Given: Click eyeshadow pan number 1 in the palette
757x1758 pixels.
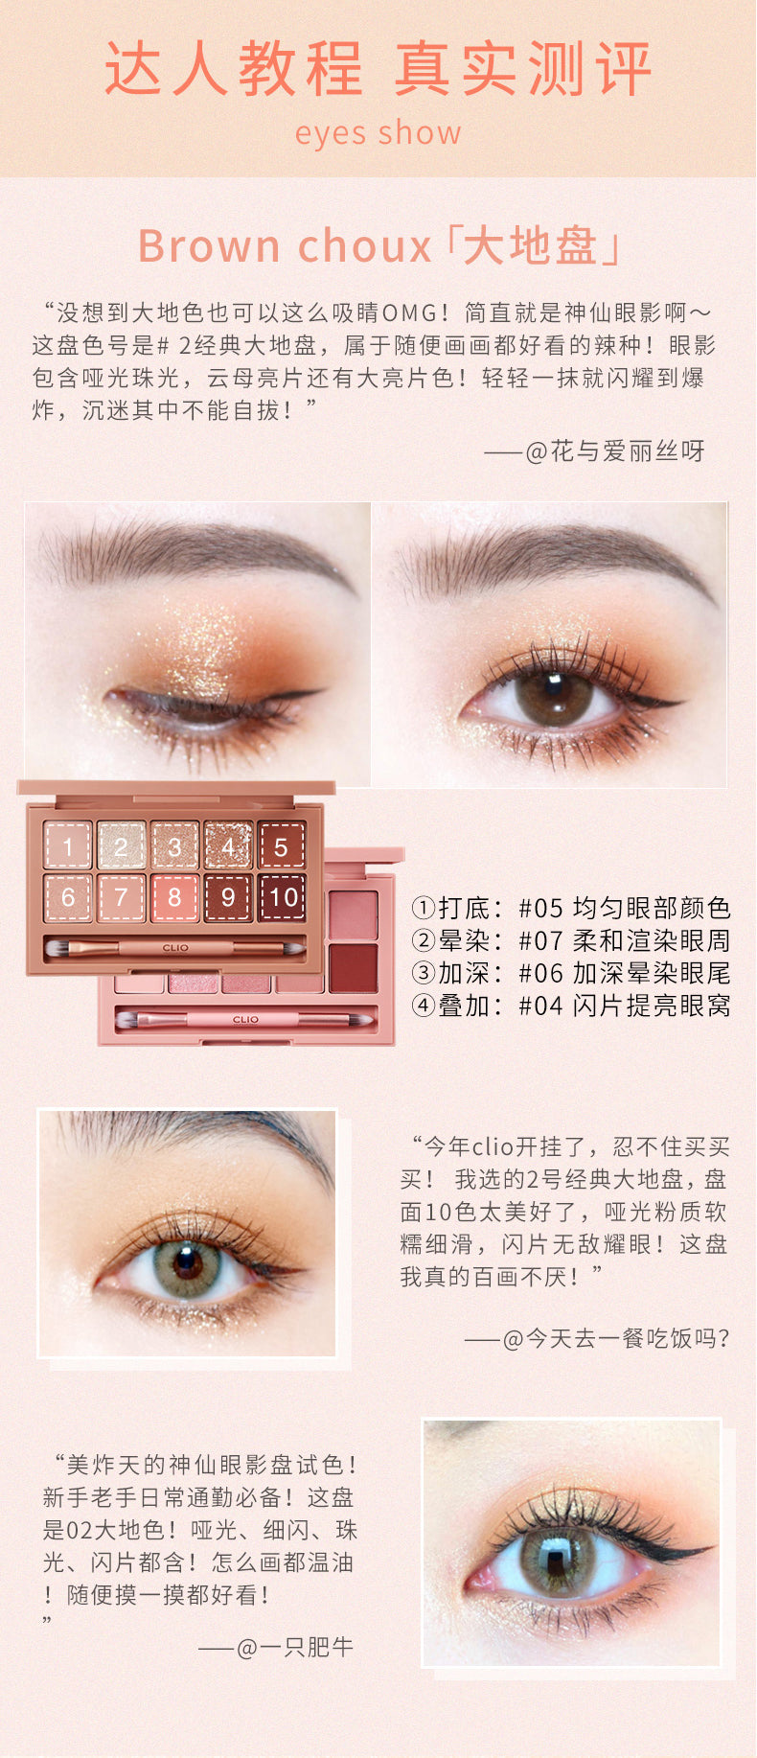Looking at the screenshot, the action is (68, 845).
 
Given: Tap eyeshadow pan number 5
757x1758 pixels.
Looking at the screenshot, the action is (281, 845).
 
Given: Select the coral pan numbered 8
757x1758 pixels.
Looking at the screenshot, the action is (174, 897).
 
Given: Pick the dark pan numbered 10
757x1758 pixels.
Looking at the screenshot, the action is (281, 897).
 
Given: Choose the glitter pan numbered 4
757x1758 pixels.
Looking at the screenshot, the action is (228, 845).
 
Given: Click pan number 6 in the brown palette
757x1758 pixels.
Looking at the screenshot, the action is (68, 897).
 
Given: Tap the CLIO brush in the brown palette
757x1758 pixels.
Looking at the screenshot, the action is (176, 948).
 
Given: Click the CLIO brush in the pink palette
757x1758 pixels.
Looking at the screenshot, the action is (244, 1020).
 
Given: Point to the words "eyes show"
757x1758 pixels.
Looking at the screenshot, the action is (378, 132).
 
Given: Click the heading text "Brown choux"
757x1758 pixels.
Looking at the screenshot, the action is (285, 246).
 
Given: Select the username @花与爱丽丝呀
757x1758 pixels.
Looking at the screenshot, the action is (615, 451).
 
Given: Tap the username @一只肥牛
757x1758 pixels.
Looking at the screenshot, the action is (294, 1647).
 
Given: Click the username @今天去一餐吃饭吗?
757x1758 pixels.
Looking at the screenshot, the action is (616, 1338).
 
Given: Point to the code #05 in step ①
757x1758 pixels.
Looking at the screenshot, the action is (541, 908).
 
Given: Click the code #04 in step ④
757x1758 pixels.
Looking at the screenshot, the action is (541, 1006).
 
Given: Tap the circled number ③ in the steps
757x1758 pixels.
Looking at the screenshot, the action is (424, 973).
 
